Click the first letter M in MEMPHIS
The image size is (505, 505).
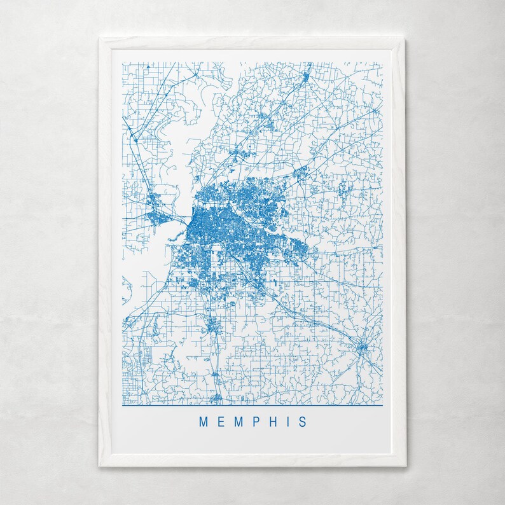click(x=204, y=422)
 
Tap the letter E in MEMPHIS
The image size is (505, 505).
click(x=220, y=422)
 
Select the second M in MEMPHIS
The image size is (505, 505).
click(x=237, y=422)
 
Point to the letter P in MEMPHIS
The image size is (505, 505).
click(x=254, y=422)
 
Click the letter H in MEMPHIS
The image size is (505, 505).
click(x=271, y=422)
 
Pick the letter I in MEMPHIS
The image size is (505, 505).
click(x=286, y=422)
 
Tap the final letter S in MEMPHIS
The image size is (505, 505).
click(x=301, y=422)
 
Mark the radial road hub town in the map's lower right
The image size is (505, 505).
click(x=361, y=347)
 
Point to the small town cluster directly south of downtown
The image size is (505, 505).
click(x=211, y=328)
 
